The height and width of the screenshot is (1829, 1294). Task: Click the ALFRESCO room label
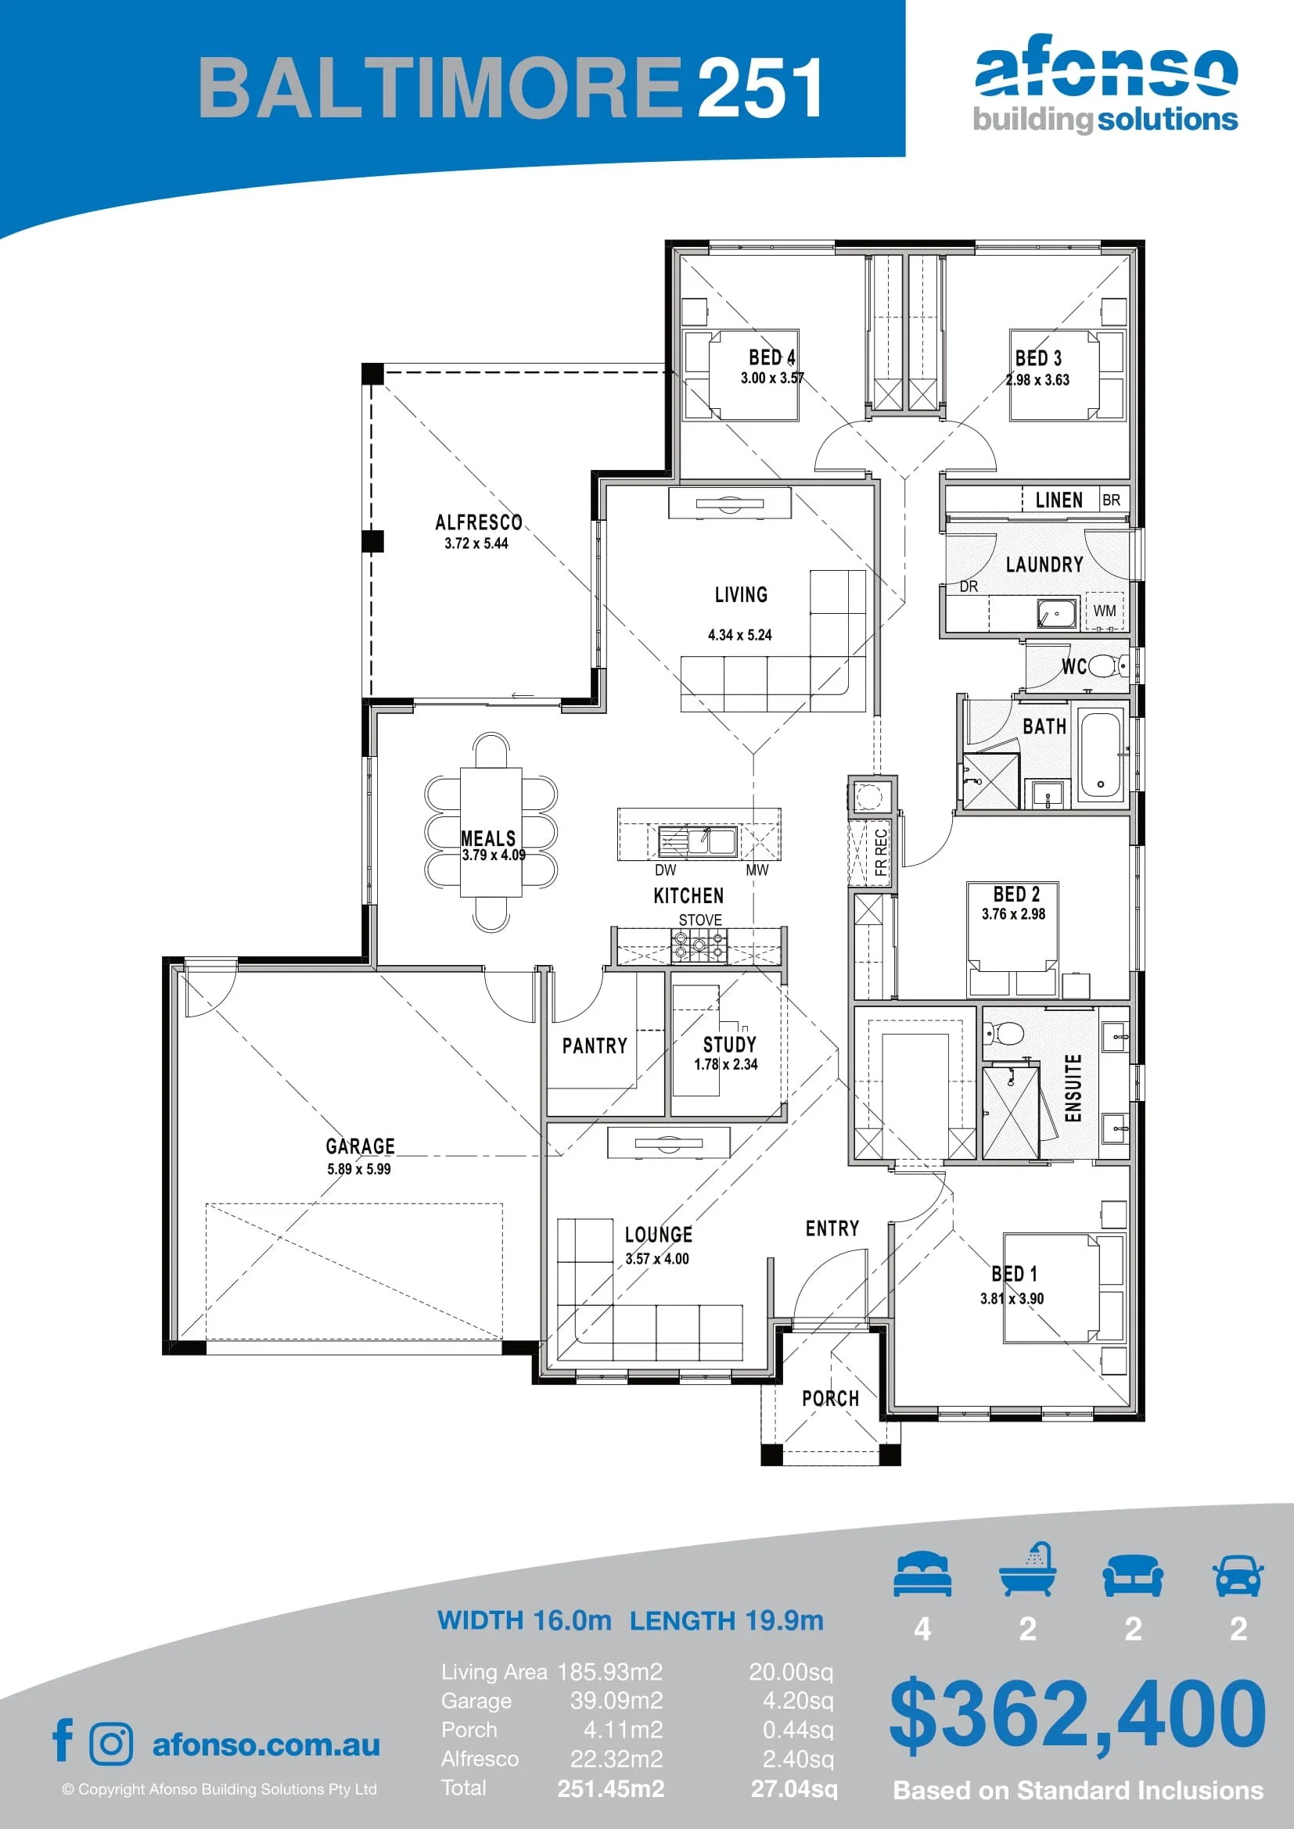[478, 522]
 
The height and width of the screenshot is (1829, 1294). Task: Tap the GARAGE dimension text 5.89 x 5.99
[358, 1169]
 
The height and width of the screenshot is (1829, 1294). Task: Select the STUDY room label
[729, 1045]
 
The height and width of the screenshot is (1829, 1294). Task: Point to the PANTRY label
[595, 1046]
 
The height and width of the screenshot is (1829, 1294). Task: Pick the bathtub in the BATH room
[1101, 756]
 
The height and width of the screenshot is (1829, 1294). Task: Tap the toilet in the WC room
[1106, 665]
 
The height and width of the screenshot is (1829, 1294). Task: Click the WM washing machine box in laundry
[1105, 611]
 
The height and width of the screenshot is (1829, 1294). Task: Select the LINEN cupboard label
[1059, 500]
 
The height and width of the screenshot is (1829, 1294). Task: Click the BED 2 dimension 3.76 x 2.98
[1012, 915]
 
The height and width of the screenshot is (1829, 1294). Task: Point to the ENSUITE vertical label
[1073, 1088]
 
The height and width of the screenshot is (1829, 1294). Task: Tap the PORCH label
[830, 1399]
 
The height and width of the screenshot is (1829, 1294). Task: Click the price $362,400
[1077, 1713]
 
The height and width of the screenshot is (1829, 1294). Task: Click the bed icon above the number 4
[922, 1574]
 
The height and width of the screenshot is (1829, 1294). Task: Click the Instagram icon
[112, 1744]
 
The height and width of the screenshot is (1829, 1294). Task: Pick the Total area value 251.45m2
[610, 1788]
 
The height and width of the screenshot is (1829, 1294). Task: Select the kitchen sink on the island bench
[697, 841]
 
